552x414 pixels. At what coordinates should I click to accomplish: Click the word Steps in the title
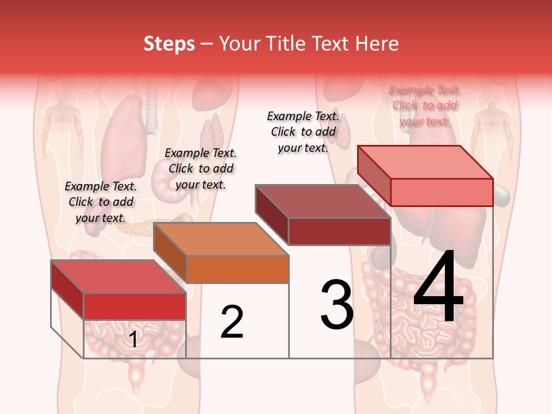click(169, 44)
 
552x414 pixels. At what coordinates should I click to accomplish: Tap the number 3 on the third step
click(336, 304)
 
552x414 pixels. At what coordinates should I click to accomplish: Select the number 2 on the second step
click(232, 322)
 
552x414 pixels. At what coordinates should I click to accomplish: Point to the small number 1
click(133, 340)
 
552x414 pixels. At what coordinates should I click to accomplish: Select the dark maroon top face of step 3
click(323, 201)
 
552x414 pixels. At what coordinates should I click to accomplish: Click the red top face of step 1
click(118, 277)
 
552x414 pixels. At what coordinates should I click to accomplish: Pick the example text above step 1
click(101, 202)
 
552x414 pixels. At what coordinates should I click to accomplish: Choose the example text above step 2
click(201, 168)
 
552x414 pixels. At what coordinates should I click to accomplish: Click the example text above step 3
click(303, 132)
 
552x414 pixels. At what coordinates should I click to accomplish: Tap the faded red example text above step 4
click(424, 105)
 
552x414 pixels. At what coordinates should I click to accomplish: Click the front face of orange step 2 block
click(237, 269)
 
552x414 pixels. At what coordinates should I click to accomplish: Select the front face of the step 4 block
click(442, 192)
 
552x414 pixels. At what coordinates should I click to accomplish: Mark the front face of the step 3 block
click(339, 231)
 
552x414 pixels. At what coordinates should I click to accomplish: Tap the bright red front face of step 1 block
click(135, 306)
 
